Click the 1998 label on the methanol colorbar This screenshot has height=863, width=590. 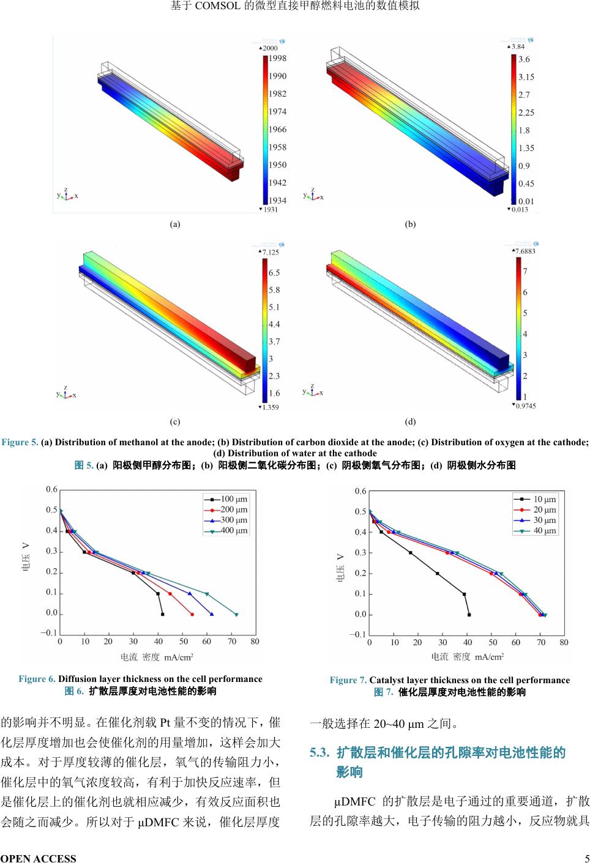278,59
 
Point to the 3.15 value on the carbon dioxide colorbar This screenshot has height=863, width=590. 526,77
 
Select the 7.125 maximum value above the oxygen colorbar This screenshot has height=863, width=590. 270,252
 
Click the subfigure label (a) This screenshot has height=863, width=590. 175,224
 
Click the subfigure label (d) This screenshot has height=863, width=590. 410,421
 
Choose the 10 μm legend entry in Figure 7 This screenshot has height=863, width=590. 545,499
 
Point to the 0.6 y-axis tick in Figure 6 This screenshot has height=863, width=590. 52,489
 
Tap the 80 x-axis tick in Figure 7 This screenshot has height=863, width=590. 564,642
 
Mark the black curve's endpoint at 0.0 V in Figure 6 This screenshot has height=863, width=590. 162,614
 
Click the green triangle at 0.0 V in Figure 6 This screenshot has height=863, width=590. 236,614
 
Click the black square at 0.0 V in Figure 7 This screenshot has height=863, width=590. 469,615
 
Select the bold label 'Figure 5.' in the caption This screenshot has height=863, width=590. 20,442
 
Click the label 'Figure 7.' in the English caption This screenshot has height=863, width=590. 348,680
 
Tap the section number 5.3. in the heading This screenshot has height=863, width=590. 319,753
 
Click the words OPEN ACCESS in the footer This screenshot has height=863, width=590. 39,858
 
